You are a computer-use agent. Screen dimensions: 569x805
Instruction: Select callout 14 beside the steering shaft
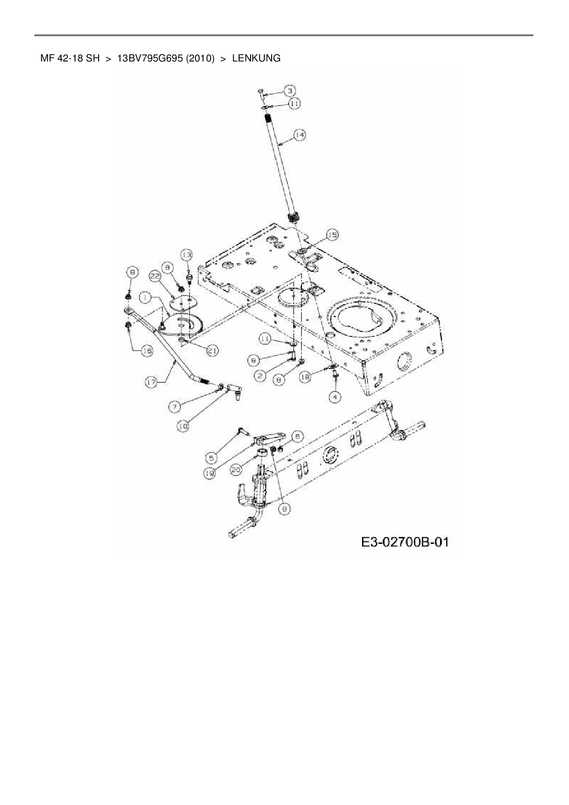[x=300, y=134]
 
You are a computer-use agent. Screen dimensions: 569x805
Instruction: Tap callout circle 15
[x=332, y=235]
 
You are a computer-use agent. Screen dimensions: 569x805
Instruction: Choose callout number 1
[x=146, y=298]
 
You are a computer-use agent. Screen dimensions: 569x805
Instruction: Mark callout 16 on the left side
[x=147, y=351]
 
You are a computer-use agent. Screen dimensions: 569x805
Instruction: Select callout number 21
[x=212, y=351]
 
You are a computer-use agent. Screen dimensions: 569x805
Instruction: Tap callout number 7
[x=176, y=406]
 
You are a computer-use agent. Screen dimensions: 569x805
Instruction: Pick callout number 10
[x=183, y=426]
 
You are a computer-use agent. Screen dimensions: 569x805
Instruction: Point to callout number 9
[x=253, y=361]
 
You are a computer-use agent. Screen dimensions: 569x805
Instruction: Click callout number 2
[x=260, y=376]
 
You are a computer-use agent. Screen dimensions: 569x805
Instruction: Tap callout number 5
[x=212, y=457]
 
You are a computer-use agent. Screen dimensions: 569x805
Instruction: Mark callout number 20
[x=236, y=470]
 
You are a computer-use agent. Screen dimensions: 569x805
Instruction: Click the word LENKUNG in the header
[x=257, y=58]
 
